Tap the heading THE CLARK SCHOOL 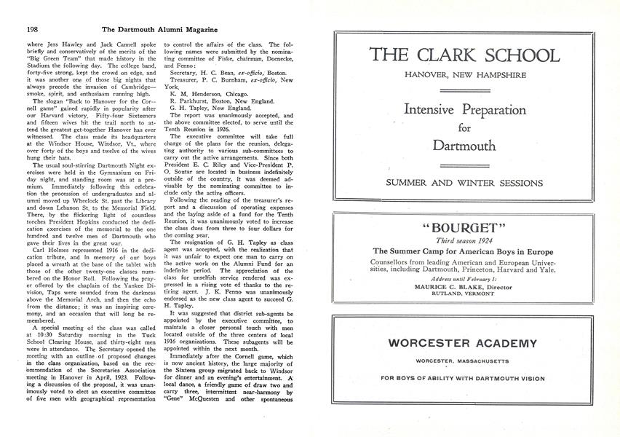tap(465, 56)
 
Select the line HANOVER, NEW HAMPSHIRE tap(465, 76)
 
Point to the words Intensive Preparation tap(465, 110)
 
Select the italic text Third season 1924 tap(465, 240)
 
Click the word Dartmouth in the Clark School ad tap(465, 145)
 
